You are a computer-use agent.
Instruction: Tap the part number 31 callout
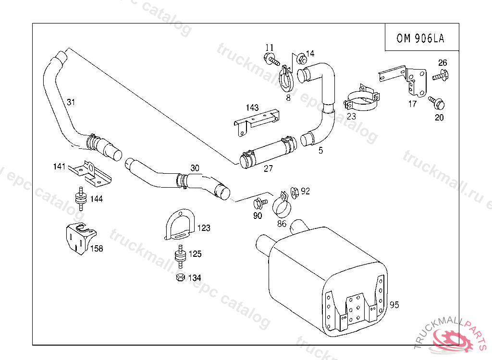click(71, 102)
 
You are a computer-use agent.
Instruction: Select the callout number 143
click(252, 107)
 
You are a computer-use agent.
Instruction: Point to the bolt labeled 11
click(272, 60)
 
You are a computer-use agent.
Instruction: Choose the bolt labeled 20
click(437, 102)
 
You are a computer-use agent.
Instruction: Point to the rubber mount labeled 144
click(81, 198)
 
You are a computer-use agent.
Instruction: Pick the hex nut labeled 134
click(180, 277)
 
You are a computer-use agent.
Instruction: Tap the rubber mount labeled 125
click(181, 257)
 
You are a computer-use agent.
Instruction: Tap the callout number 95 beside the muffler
click(394, 305)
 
